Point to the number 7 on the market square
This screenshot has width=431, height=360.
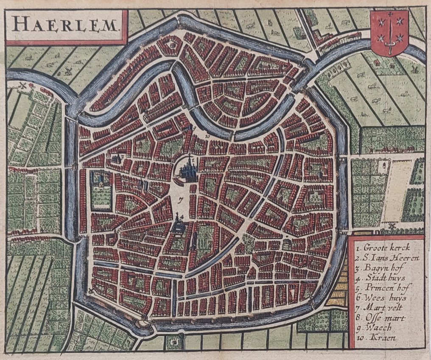click(x=181, y=199)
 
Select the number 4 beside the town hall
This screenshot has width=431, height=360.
click(x=182, y=217)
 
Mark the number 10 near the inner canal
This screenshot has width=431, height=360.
click(x=208, y=137)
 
